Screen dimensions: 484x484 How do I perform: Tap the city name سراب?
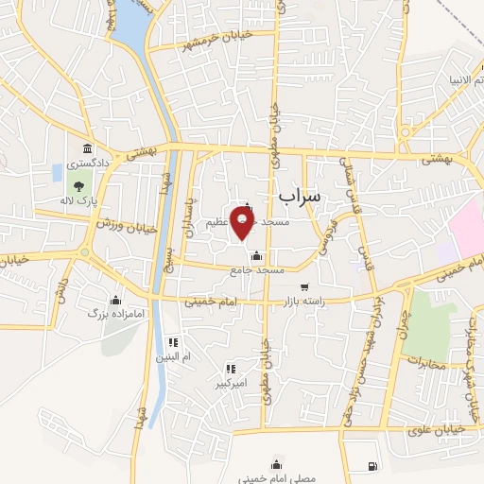(x=301, y=195)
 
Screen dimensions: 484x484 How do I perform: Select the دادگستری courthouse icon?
(x=88, y=149)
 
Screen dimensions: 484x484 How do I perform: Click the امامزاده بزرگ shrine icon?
(x=117, y=298)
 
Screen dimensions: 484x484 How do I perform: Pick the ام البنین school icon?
(x=172, y=342)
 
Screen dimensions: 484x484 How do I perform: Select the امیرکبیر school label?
(x=230, y=385)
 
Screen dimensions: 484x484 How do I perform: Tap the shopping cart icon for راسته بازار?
(x=303, y=286)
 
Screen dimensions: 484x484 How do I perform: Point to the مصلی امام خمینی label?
(x=276, y=478)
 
